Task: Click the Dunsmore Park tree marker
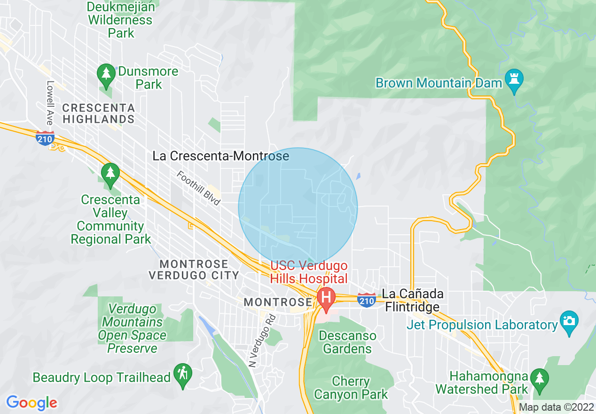tap(107, 75)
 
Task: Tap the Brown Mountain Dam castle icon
tap(514, 80)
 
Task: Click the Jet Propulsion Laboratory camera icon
tap(569, 322)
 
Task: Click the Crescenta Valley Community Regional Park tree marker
tap(110, 174)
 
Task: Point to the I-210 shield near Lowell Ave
tap(45, 138)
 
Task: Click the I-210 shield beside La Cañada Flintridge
tap(366, 300)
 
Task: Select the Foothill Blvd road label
tap(199, 188)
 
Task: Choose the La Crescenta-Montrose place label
tap(220, 156)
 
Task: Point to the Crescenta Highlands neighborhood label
tap(99, 113)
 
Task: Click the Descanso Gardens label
tap(347, 342)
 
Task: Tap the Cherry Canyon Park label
tap(351, 388)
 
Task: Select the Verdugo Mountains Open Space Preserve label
tap(132, 328)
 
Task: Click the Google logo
tap(32, 403)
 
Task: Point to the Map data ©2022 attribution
tap(556, 407)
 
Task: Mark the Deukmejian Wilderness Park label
tap(120, 20)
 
